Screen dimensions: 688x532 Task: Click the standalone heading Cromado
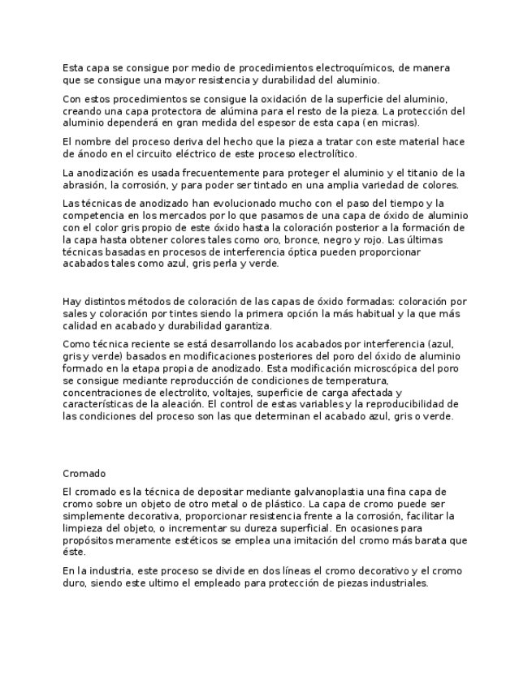(84, 473)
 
